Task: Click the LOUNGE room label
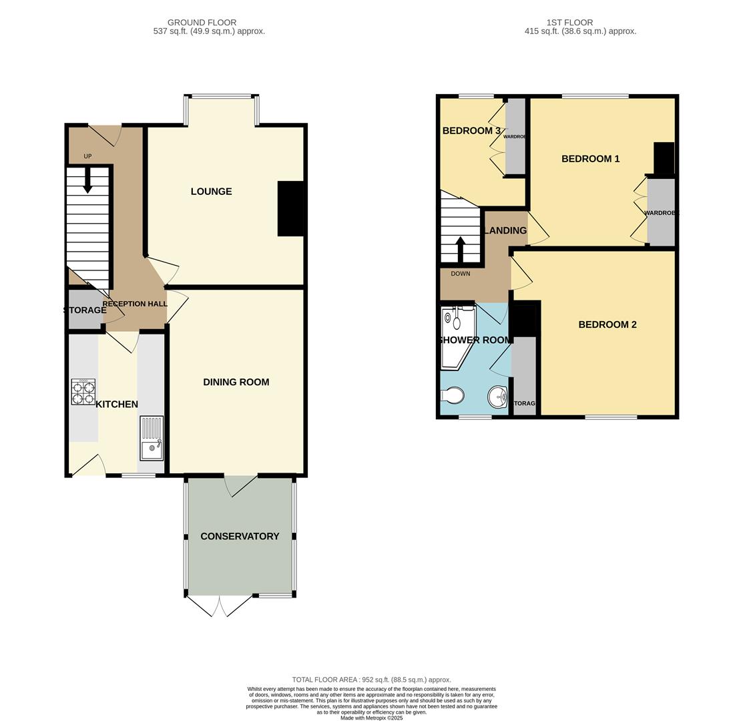coord(211,192)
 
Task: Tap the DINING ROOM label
coord(236,383)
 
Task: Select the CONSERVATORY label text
coord(240,537)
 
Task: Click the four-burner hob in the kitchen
coord(83,392)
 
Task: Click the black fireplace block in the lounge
coord(291,208)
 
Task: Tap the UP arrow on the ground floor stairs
coord(87,180)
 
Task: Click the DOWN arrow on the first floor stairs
coord(460,249)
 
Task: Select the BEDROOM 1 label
coord(590,159)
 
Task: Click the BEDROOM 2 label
coord(607,325)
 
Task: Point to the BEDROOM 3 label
coord(471,131)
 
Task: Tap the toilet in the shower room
coord(453,396)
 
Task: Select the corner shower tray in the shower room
coord(456,337)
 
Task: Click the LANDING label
coord(505,231)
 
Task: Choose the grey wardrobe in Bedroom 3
coord(515,137)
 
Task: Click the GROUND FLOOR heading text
coord(202,23)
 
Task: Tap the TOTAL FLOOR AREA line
coord(371,680)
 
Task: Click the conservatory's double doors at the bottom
coord(220,606)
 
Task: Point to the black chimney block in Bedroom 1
coord(664,158)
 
